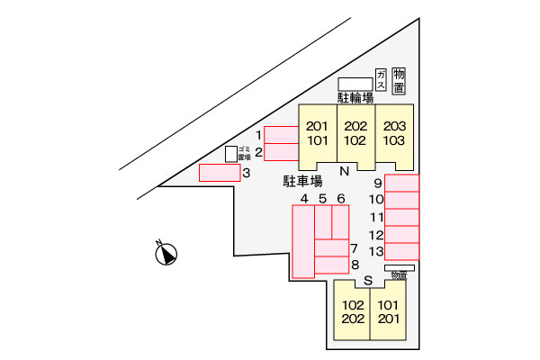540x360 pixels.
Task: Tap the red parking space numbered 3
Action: tap(219, 172)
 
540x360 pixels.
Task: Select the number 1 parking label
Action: tap(258, 134)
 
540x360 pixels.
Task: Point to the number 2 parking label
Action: tap(258, 152)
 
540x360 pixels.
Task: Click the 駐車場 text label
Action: tap(303, 180)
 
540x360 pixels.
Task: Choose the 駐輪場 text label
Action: tap(355, 96)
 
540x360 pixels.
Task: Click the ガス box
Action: tap(382, 79)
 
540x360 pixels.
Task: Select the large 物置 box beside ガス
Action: tap(400, 79)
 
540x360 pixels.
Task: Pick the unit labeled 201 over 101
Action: tap(317, 134)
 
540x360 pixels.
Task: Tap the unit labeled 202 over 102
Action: tap(355, 134)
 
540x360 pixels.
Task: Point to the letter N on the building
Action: tap(344, 171)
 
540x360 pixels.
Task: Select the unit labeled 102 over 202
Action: tap(352, 310)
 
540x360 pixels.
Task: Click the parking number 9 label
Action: tap(377, 184)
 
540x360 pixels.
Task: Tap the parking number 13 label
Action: tap(376, 250)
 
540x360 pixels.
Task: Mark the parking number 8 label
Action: tap(355, 265)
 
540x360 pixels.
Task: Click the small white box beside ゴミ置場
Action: tap(230, 154)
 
